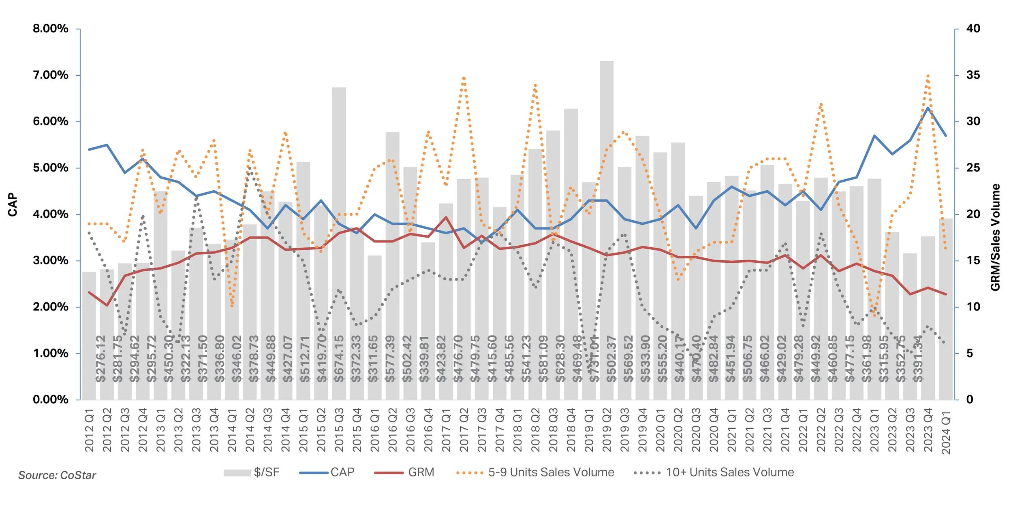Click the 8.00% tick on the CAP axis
tap(51, 29)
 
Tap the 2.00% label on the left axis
tap(51, 307)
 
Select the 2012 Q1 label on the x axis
tap(89, 430)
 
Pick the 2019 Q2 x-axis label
tap(607, 430)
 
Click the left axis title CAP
tap(13, 204)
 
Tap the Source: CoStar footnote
tap(57, 475)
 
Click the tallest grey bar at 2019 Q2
tap(607, 202)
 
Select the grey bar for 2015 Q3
tap(339, 202)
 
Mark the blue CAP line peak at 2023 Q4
tap(928, 108)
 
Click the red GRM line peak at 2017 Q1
tap(446, 217)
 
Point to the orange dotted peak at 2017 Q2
tap(464, 77)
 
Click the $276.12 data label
tap(100, 359)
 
